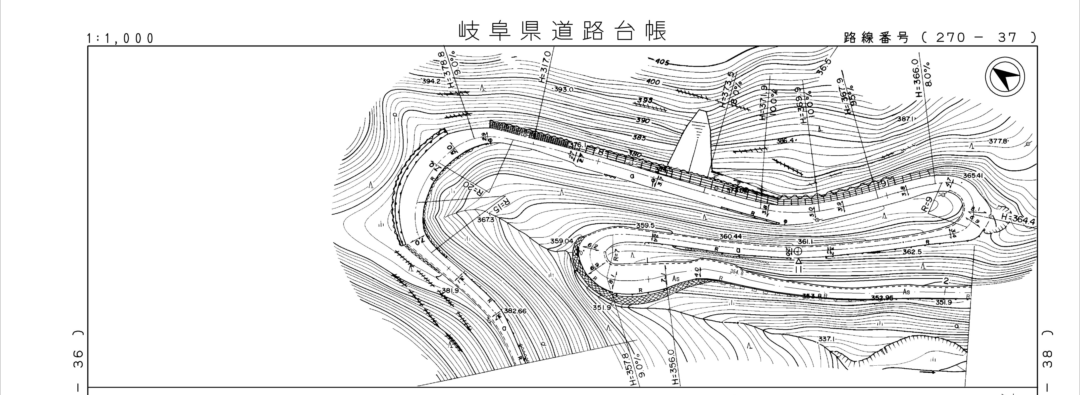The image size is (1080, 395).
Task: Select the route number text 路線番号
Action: (x=876, y=38)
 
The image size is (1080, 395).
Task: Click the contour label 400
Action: (x=653, y=82)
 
